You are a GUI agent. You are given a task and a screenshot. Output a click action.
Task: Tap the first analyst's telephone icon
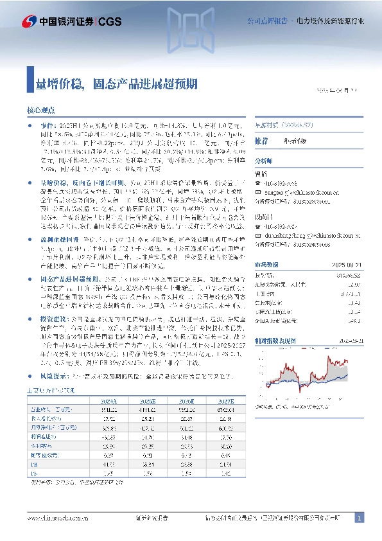point(259,183)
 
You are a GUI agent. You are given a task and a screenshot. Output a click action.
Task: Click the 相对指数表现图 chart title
point(275,341)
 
